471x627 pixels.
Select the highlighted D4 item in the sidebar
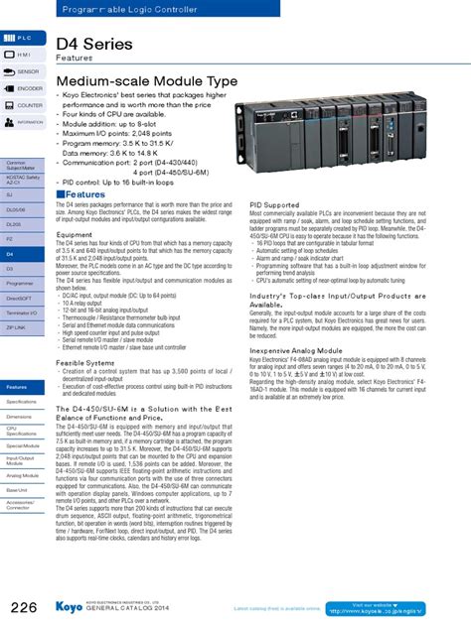pyautogui.click(x=22, y=254)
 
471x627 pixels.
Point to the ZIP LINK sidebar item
pyautogui.click(x=22, y=326)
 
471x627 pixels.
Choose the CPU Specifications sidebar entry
pyautogui.click(x=22, y=432)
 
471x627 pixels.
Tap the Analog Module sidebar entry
pyautogui.click(x=22, y=475)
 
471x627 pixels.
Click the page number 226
pyautogui.click(x=25, y=606)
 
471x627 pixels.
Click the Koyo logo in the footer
pyautogui.click(x=69, y=606)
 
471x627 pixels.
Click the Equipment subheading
pyautogui.click(x=75, y=234)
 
